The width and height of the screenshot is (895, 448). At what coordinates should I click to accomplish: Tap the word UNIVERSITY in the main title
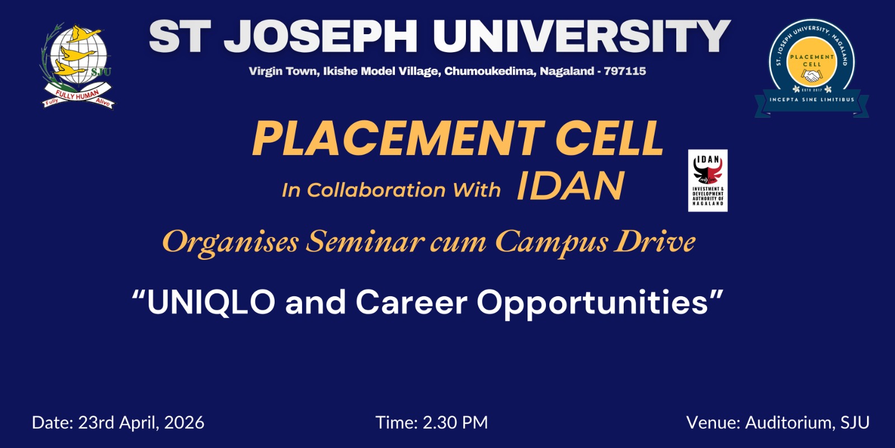(x=582, y=36)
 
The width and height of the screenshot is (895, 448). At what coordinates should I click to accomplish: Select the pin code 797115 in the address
(x=625, y=71)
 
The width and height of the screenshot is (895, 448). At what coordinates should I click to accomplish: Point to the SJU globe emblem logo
(x=78, y=66)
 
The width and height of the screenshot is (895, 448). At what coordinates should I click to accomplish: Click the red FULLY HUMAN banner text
(x=77, y=95)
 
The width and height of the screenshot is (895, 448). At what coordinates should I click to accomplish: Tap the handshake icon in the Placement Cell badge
(x=812, y=75)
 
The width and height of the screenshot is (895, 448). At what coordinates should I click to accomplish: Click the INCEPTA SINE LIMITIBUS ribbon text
(x=812, y=100)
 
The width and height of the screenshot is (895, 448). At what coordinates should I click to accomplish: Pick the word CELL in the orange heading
(x=610, y=138)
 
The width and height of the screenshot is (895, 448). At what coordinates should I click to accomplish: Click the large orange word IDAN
(x=570, y=186)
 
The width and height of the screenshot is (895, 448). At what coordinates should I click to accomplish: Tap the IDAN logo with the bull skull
(x=708, y=180)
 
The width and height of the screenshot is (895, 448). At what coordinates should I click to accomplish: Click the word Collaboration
(x=376, y=190)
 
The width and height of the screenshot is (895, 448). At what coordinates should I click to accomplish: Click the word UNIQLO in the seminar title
(x=211, y=303)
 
